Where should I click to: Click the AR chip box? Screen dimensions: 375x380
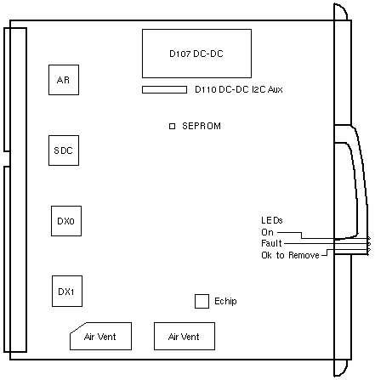click(x=64, y=80)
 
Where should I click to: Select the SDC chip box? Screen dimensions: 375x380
click(x=64, y=150)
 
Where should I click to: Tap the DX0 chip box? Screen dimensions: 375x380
click(x=66, y=221)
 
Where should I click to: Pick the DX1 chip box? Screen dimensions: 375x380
click(x=67, y=291)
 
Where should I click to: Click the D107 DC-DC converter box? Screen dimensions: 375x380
click(x=196, y=54)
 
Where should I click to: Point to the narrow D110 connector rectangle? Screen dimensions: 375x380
click(x=164, y=90)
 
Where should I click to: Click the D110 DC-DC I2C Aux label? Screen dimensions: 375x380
click(x=239, y=89)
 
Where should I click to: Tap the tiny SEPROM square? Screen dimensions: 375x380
click(x=172, y=126)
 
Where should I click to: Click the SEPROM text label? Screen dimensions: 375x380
click(x=202, y=126)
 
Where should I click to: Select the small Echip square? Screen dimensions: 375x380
click(x=202, y=301)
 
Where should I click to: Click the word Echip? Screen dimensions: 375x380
click(x=225, y=301)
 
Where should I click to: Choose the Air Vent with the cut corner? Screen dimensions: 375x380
click(x=100, y=336)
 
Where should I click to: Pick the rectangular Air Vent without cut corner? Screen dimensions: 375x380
click(x=185, y=336)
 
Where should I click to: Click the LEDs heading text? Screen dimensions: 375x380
click(x=272, y=220)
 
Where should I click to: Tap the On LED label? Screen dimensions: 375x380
click(x=267, y=232)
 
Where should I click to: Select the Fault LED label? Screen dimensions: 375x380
click(x=271, y=243)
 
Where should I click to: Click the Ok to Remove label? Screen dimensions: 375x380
click(x=290, y=255)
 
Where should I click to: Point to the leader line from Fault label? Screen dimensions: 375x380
click(x=327, y=243)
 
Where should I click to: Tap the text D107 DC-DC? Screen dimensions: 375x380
click(x=196, y=54)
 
